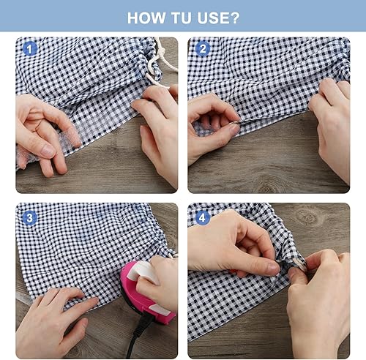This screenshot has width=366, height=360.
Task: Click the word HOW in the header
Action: pos(146,18)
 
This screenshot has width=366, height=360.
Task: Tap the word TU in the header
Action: pos(181,18)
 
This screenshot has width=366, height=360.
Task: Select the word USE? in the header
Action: pos(218,18)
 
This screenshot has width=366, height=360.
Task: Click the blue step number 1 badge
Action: pos(29,49)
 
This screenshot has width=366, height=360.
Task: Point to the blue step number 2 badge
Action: pos(203,49)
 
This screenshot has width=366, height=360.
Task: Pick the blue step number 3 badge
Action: pos(29,218)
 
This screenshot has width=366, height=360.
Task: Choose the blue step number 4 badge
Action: pos(203,218)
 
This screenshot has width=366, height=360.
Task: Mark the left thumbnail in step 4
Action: pos(273,268)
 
